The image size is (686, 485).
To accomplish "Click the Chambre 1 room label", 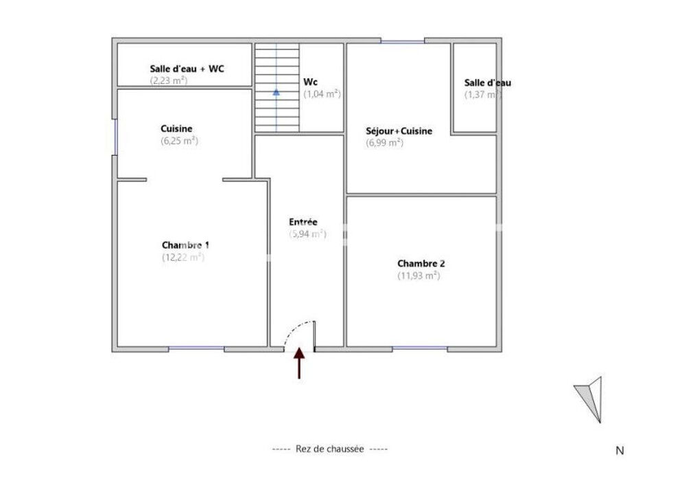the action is [185, 245].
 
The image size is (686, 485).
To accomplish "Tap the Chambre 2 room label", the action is [421, 263].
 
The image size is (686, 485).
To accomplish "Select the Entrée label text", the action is [303, 222].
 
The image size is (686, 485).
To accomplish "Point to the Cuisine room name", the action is [176, 128].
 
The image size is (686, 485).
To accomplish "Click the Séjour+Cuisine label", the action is [399, 131].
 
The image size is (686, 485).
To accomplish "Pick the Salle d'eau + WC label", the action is [187, 68].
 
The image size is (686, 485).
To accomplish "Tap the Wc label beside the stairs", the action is [311, 82].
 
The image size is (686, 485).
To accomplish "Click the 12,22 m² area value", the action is [183, 257].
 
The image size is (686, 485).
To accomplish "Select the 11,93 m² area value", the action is [418, 275].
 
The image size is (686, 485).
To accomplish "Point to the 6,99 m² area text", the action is [384, 143].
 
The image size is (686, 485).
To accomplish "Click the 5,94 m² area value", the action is [307, 234].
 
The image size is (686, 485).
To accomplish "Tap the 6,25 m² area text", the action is [179, 141].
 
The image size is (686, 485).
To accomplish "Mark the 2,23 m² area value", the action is [169, 80].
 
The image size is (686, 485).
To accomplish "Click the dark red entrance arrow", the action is [299, 363].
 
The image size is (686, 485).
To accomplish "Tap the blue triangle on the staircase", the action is [276, 92].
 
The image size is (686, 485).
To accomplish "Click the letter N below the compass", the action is [619, 451].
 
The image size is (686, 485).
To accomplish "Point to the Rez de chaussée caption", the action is [330, 449].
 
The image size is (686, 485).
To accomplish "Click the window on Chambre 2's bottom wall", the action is [420, 348].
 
